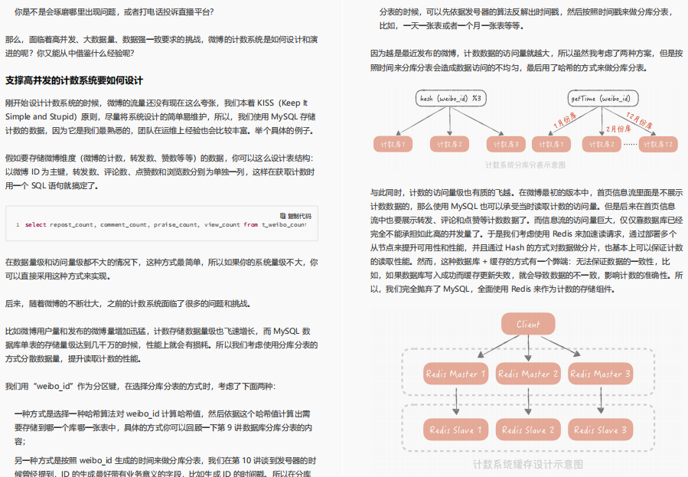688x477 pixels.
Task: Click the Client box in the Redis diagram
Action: click(528, 324)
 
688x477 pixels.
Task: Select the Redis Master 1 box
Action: click(456, 374)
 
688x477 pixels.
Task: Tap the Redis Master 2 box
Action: click(528, 374)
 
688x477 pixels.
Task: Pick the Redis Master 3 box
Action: click(600, 374)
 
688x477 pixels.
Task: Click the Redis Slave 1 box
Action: click(456, 430)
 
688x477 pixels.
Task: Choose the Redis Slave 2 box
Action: click(528, 430)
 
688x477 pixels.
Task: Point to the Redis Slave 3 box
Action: click(600, 430)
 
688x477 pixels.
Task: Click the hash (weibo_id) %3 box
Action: click(450, 99)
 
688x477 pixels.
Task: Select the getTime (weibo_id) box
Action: click(601, 99)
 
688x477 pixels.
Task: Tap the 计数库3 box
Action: click(506, 144)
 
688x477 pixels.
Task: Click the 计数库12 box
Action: click(658, 144)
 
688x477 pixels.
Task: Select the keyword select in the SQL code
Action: click(36, 225)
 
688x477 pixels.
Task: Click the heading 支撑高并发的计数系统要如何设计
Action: click(74, 80)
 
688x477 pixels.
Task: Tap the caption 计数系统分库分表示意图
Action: click(526, 165)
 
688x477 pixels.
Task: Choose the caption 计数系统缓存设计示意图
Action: click(527, 464)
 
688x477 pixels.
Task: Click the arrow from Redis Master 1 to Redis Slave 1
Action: click(456, 401)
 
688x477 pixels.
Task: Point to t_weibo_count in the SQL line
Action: click(284, 225)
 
